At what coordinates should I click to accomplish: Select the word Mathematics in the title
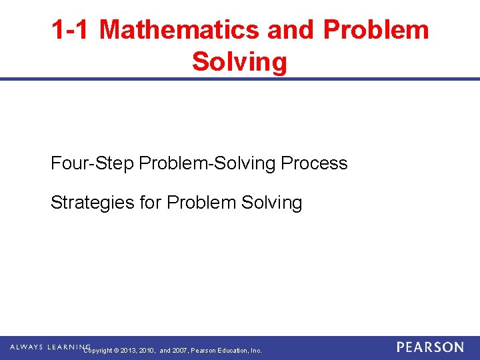[179, 29]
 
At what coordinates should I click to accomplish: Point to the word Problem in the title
[377, 29]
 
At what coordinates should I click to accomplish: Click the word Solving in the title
[240, 62]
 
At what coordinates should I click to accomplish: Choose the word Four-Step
[93, 163]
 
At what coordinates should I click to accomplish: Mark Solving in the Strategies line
[271, 203]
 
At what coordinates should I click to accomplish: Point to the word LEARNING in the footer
[68, 347]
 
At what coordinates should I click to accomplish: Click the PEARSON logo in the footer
[430, 347]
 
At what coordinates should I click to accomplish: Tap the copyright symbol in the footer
[116, 351]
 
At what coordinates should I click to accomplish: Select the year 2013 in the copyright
[128, 351]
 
